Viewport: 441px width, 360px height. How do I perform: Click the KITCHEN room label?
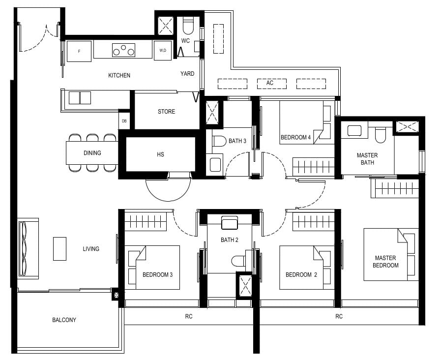[119, 75]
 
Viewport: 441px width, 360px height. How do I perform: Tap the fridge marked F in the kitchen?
[79, 51]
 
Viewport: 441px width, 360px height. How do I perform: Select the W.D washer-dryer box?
[163, 51]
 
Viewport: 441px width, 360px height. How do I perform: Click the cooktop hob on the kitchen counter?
[123, 50]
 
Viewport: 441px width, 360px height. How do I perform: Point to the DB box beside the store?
[124, 120]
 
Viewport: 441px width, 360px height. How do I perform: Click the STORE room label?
[166, 112]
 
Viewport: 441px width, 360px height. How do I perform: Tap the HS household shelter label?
[160, 154]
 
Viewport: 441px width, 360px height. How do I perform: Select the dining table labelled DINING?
[92, 153]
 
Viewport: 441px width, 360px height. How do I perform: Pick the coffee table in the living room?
[59, 249]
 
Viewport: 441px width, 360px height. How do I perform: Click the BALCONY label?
[64, 320]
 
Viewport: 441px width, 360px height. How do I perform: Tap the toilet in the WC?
[188, 25]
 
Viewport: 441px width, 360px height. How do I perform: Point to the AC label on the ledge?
[269, 83]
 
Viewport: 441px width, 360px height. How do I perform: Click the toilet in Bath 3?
[219, 141]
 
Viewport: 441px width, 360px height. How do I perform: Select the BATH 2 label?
[229, 240]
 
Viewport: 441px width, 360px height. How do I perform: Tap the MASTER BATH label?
[367, 159]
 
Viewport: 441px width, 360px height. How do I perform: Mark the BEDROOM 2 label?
[301, 274]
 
